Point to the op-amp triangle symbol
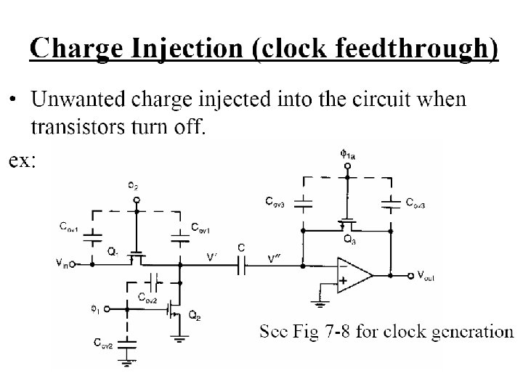tap(352, 275)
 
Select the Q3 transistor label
tap(349, 239)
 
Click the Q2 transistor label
tap(193, 316)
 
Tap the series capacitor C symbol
tap(242, 266)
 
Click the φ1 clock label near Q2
tap(94, 308)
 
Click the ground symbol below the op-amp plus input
tap(317, 295)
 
